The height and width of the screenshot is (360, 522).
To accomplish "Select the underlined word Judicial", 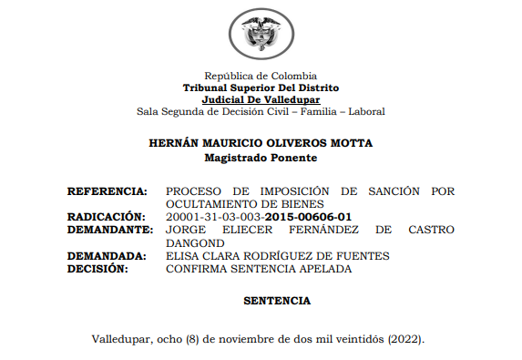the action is tap(225, 99).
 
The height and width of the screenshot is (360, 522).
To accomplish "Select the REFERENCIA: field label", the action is tap(107, 191).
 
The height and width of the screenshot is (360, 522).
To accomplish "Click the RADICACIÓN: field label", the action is tap(107, 217).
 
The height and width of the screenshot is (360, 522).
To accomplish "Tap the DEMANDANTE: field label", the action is tap(107, 231).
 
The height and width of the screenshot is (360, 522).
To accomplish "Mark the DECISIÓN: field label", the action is tap(97, 269).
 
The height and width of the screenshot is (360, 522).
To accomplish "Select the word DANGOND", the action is tap(195, 243).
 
